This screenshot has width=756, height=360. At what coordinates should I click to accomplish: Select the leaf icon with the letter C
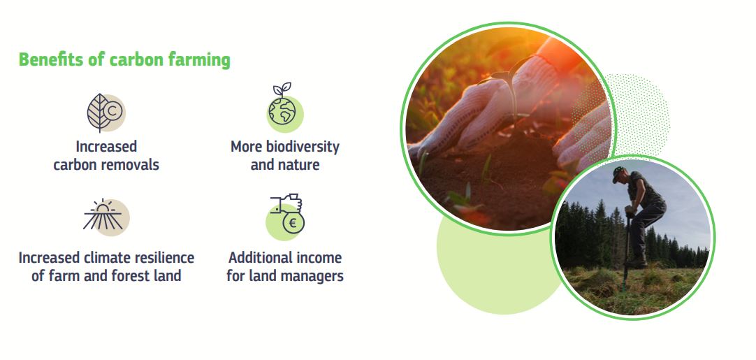pyautogui.click(x=106, y=113)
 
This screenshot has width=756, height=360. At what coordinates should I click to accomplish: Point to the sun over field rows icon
pyautogui.click(x=106, y=217)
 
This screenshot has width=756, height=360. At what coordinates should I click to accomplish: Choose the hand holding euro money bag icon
pyautogui.click(x=286, y=215)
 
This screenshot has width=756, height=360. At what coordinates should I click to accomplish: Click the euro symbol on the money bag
pyautogui.click(x=293, y=223)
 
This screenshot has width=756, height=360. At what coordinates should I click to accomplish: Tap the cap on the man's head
pyautogui.click(x=618, y=173)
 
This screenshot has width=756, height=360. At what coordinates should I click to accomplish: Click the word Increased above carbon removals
pyautogui.click(x=106, y=146)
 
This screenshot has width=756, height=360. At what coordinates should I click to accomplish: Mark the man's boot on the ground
pyautogui.click(x=637, y=264)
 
